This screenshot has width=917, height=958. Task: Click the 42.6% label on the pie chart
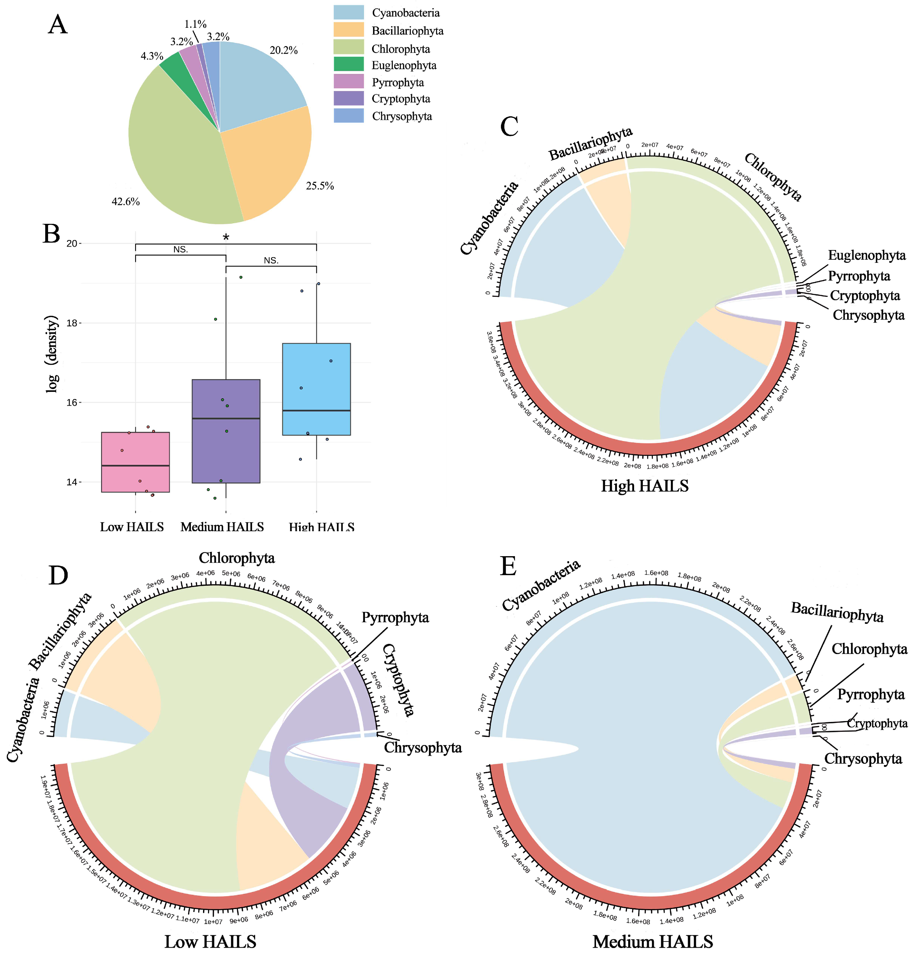[126, 202]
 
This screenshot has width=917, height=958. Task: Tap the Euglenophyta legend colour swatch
[348, 65]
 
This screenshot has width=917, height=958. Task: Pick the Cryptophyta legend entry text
[401, 99]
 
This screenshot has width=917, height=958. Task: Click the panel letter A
[58, 24]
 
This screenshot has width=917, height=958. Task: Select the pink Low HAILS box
[135, 462]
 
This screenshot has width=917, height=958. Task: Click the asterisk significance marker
[226, 238]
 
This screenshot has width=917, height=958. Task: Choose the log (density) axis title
[52, 354]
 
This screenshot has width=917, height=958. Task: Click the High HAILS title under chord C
[645, 486]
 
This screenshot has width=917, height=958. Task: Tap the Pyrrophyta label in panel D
[395, 618]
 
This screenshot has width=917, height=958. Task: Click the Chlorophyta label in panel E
[869, 649]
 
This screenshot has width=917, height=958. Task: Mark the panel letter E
[509, 567]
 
